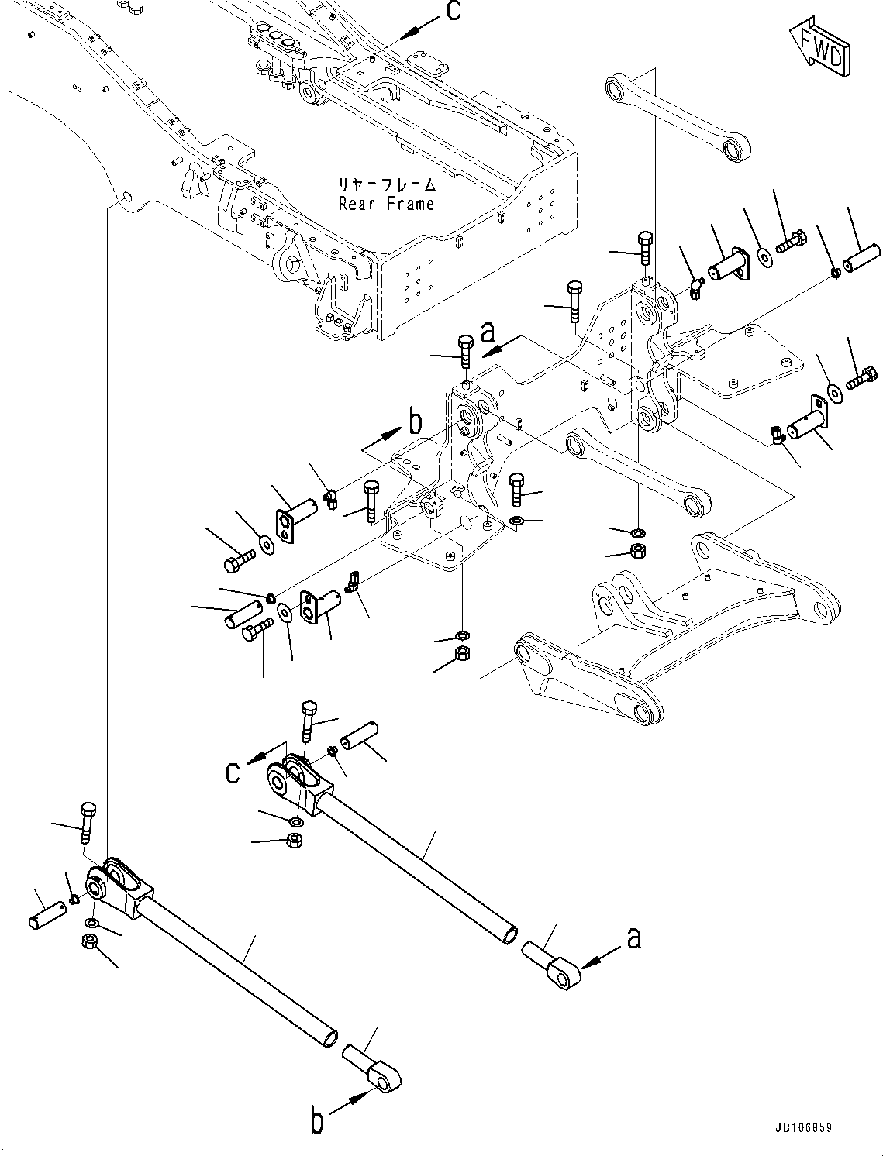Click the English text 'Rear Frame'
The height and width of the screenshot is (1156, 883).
386,204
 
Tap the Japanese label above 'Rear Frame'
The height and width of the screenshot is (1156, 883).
386,185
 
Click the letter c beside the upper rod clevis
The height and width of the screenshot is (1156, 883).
233,772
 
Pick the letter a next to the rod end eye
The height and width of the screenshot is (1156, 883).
634,938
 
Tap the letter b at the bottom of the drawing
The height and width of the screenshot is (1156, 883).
318,1122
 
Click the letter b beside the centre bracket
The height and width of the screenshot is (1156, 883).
416,421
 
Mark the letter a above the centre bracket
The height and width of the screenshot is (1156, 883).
488,332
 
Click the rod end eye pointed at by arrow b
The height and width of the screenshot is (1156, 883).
383,1075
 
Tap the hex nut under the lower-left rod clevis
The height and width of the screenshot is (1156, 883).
88,941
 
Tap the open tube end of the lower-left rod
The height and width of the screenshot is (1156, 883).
330,1037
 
